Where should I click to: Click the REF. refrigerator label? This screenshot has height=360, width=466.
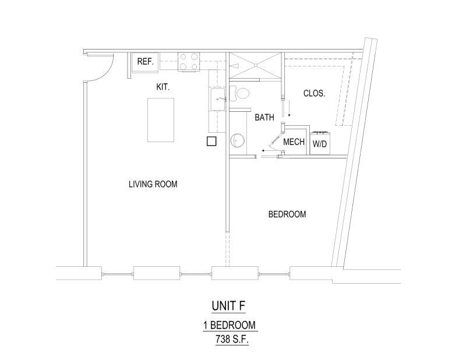point(145,62)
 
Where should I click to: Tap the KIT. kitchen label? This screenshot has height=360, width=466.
point(163,87)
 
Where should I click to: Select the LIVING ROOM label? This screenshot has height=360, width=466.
point(153,184)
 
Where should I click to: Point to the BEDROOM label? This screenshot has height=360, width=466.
point(287,214)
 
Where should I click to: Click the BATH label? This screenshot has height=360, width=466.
point(264,118)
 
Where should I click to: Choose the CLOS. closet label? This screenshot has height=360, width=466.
point(314,93)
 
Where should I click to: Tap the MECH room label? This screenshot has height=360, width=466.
point(294,142)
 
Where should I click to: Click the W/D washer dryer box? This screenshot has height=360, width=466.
point(320,143)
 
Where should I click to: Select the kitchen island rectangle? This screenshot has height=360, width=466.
point(161,120)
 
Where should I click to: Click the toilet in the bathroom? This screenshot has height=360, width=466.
point(240,93)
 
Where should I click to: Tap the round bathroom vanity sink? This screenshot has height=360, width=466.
point(238,140)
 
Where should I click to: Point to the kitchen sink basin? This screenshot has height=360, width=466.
point(218,99)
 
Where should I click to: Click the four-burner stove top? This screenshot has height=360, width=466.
point(188,62)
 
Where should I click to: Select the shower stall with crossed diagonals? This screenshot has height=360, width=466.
point(255,65)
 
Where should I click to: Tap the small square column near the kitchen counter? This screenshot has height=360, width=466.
point(211,141)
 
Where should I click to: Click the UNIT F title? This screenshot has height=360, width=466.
point(228,306)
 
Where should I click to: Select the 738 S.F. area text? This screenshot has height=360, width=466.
point(232,339)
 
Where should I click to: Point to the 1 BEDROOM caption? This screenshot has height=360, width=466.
point(230,325)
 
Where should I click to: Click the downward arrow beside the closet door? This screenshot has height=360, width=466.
point(289,108)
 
